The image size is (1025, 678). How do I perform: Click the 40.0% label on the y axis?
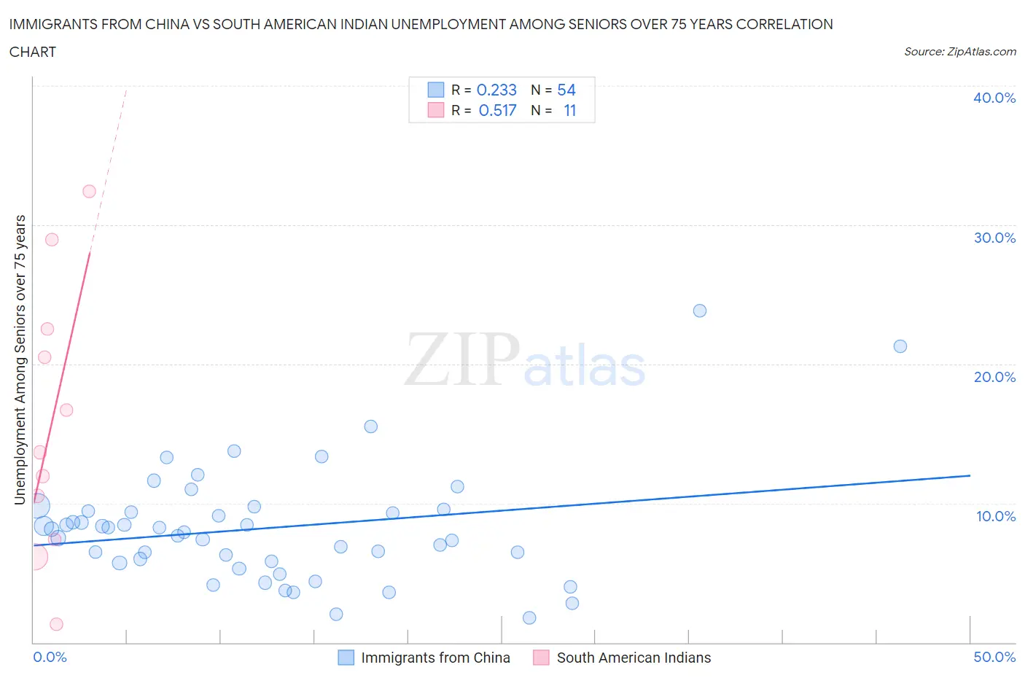pyautogui.click(x=994, y=98)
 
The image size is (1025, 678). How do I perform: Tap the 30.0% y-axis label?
pyautogui.click(x=994, y=238)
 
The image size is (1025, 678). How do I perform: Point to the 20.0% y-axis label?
pyautogui.click(x=994, y=377)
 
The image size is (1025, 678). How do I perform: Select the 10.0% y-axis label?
pyautogui.click(x=995, y=516)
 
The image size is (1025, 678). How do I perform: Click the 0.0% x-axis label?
pyautogui.click(x=50, y=657)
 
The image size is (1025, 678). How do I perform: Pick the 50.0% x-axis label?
pyautogui.click(x=994, y=657)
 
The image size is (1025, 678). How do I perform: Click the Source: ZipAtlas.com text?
pyautogui.click(x=959, y=51)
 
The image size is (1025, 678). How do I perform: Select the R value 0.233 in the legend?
pyautogui.click(x=496, y=90)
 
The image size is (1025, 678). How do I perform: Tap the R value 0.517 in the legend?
pyautogui.click(x=497, y=110)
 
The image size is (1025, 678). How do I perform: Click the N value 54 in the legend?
pyautogui.click(x=566, y=90)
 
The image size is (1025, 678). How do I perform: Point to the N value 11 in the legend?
pyautogui.click(x=569, y=110)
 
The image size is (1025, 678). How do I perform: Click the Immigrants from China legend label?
pyautogui.click(x=435, y=658)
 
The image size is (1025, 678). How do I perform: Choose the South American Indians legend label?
pyautogui.click(x=634, y=658)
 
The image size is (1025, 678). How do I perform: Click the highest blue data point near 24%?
pyautogui.click(x=700, y=311)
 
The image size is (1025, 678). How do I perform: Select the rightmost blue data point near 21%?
pyautogui.click(x=900, y=346)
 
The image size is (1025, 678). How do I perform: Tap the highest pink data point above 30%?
pyautogui.click(x=89, y=192)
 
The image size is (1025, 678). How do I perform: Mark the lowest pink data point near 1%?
pyautogui.click(x=56, y=624)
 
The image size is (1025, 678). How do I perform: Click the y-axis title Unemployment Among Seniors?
pyautogui.click(x=20, y=359)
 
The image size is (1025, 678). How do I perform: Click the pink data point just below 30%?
pyautogui.click(x=52, y=240)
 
